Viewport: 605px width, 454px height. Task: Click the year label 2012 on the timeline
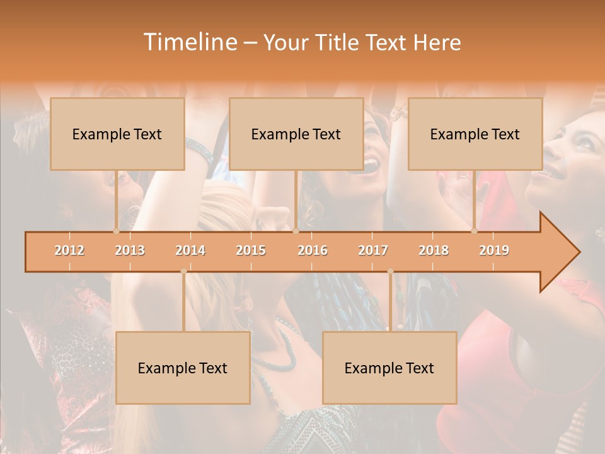tap(69, 250)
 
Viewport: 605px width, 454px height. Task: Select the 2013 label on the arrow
tap(130, 250)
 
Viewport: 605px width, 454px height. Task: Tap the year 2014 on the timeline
tap(190, 250)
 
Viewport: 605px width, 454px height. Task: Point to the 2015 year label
tap(251, 250)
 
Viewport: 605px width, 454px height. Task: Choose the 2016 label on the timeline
tap(313, 250)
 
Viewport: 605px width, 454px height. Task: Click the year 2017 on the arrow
tap(373, 250)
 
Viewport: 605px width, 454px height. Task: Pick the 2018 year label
tap(434, 250)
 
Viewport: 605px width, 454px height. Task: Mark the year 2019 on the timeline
tap(494, 250)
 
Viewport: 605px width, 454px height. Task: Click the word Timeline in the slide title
tap(188, 42)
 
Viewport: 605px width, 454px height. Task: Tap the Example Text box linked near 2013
tap(117, 134)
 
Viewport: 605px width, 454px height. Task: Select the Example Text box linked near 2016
tap(296, 134)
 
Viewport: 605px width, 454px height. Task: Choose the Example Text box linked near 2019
tap(475, 134)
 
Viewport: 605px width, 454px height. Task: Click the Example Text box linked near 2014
tap(183, 368)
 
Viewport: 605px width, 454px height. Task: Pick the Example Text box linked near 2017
tap(389, 368)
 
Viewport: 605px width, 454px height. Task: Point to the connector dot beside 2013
tap(116, 231)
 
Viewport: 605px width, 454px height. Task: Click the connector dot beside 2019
tap(475, 231)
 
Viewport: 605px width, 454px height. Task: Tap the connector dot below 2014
tap(183, 272)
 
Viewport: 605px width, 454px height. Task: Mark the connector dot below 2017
tap(390, 272)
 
